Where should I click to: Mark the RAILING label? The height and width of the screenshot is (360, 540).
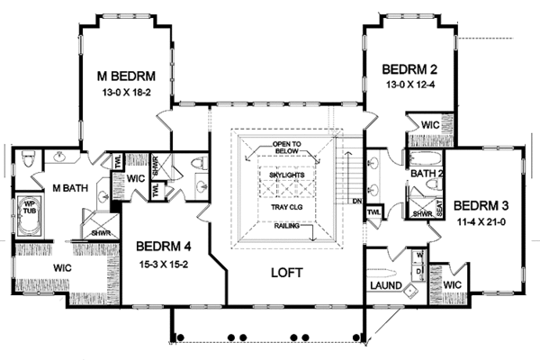[289, 226]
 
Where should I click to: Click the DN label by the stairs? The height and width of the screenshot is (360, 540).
[357, 202]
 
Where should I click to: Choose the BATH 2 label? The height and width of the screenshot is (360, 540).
[423, 173]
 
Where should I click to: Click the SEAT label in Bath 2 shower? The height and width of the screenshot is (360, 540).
[438, 207]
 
